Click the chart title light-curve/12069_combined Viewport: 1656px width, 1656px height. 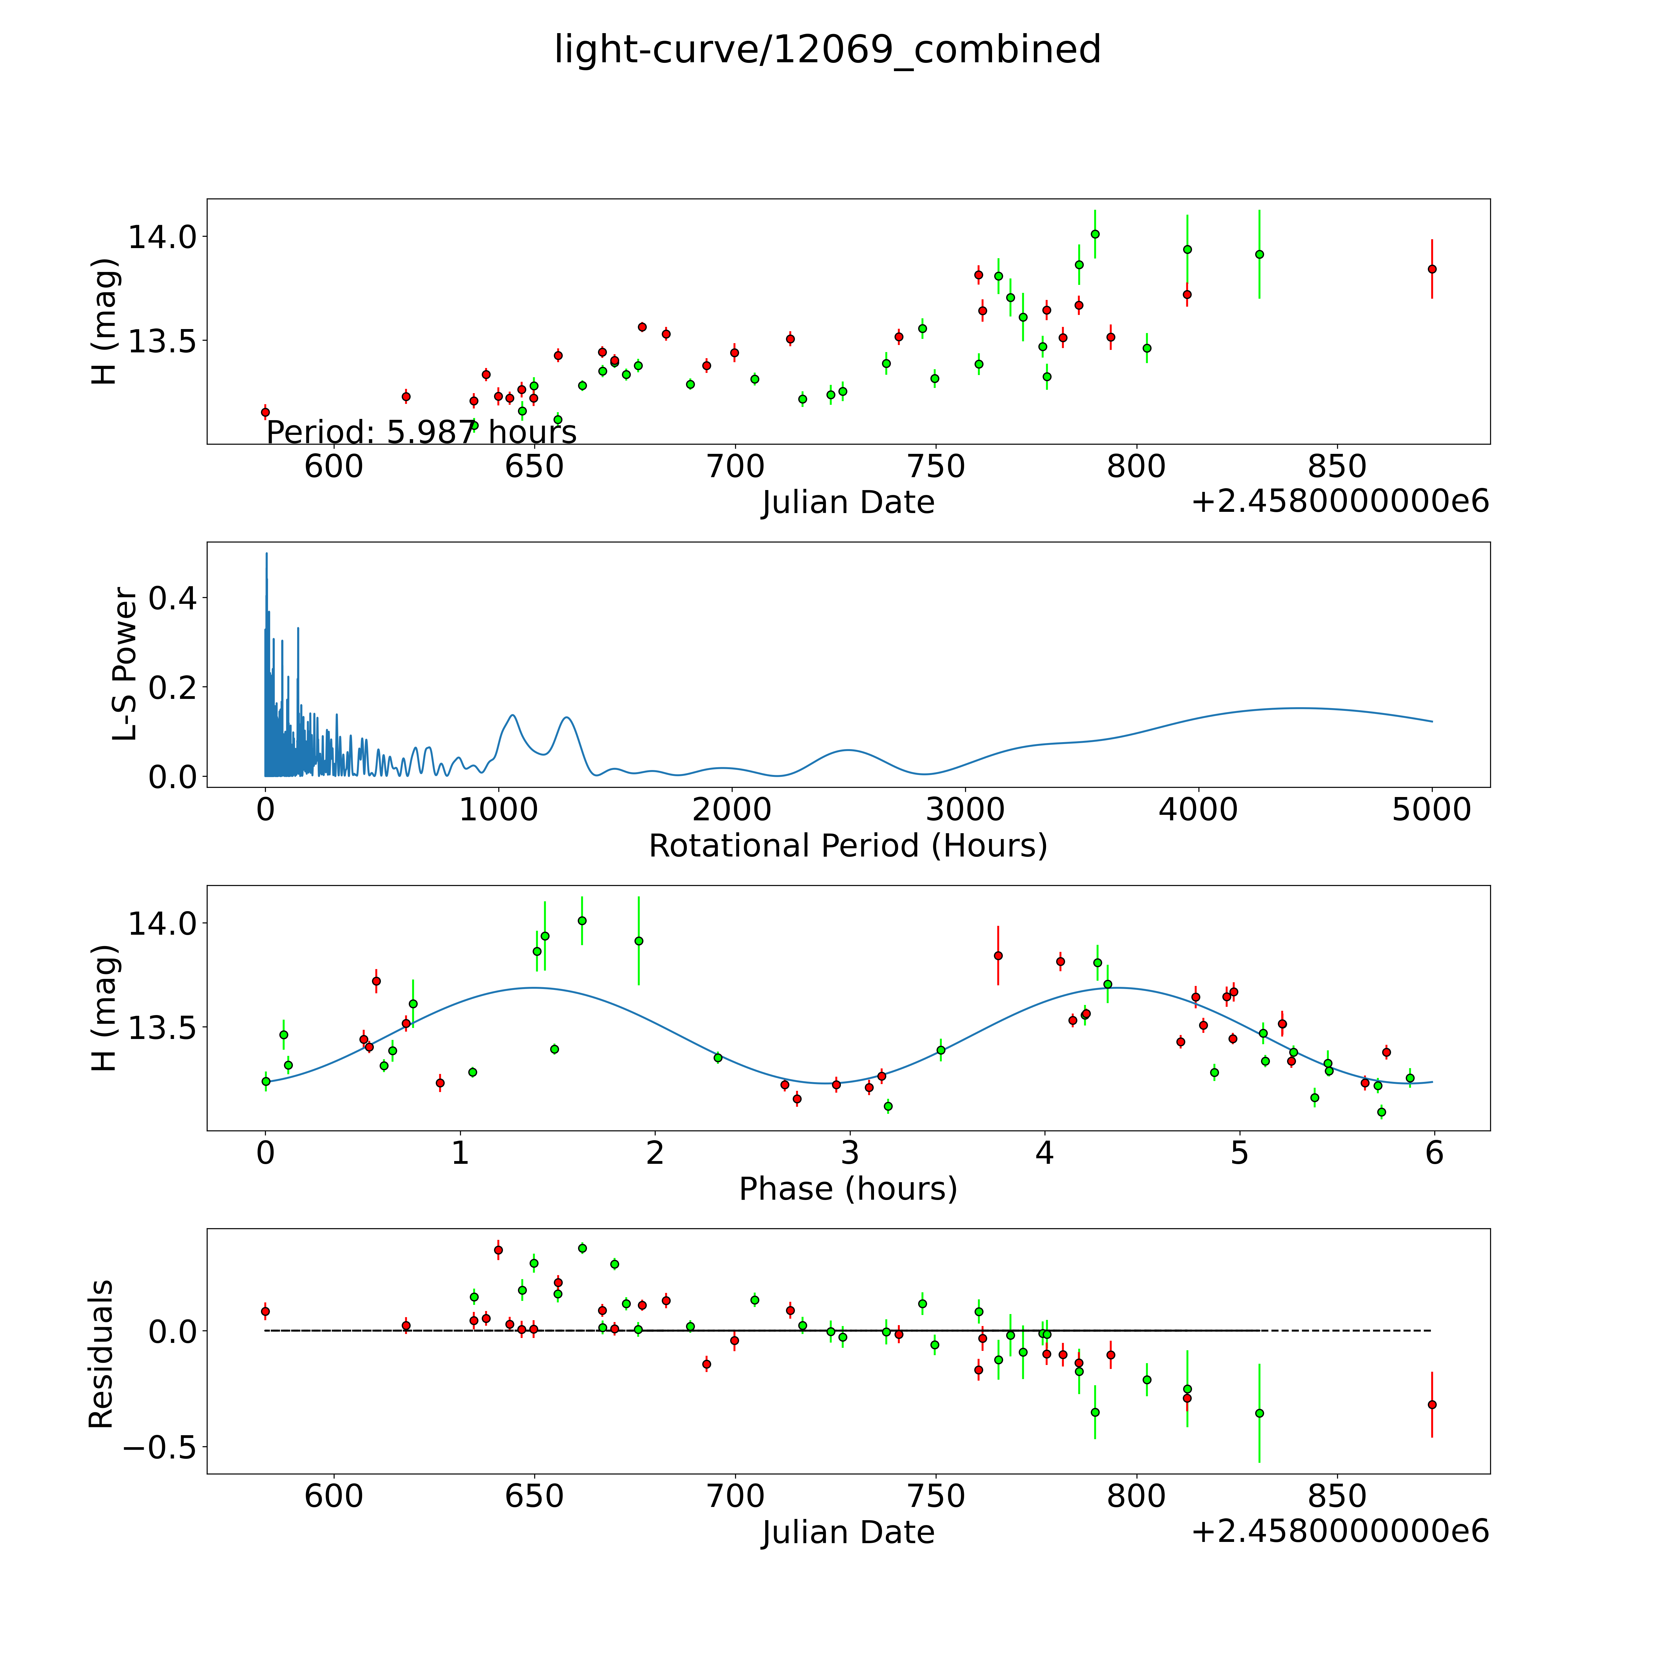(827, 50)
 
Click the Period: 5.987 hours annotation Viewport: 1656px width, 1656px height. (421, 432)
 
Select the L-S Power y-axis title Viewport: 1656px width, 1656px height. (125, 664)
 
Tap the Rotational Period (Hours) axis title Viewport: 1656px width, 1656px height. (848, 846)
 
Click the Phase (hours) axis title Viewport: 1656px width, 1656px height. (848, 1189)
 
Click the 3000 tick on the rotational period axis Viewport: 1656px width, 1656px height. (965, 810)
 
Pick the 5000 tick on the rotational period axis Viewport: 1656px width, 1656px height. (1432, 810)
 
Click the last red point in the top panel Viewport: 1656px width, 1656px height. (1432, 269)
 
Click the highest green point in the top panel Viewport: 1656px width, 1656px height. (1094, 234)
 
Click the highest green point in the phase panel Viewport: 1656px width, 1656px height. (582, 921)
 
